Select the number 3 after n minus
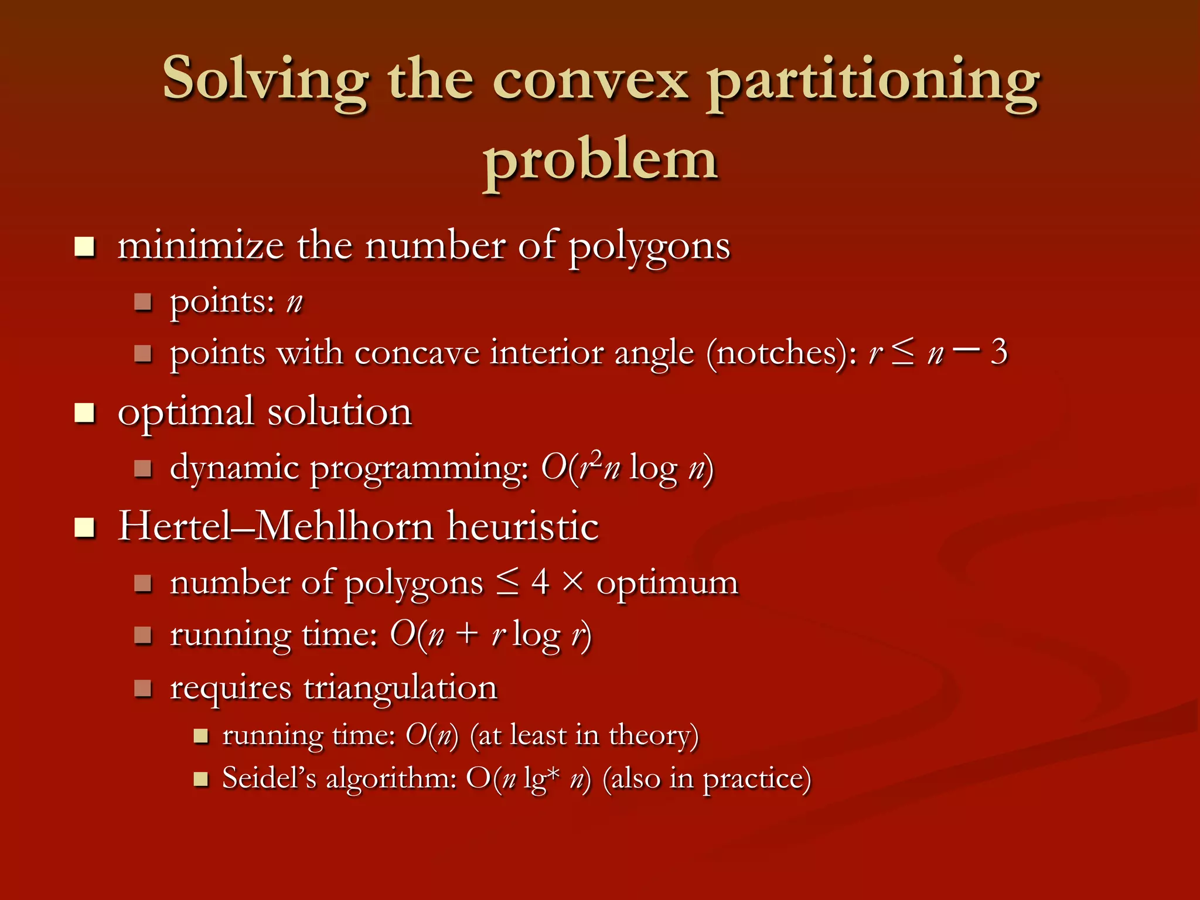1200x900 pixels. pyautogui.click(x=998, y=352)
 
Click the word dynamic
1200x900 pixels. pyautogui.click(x=234, y=469)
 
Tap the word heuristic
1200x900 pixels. pyautogui.click(x=523, y=526)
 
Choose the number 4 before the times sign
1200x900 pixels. pyautogui.click(x=540, y=582)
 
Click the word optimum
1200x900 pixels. pyautogui.click(x=667, y=584)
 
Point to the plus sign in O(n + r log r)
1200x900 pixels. pyautogui.click(x=467, y=635)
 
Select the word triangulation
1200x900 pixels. pyautogui.click(x=400, y=688)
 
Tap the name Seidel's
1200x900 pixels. pyautogui.click(x=269, y=779)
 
